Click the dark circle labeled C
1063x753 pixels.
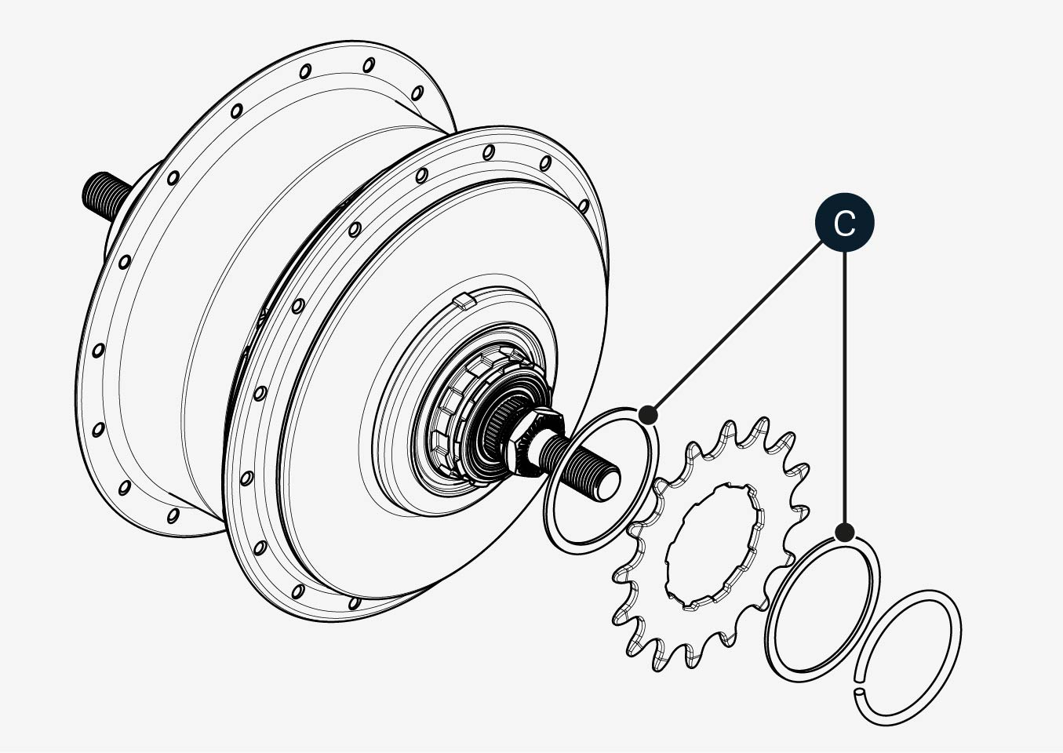coord(844,223)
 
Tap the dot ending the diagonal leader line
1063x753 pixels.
coord(649,414)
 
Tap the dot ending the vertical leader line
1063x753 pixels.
coord(844,533)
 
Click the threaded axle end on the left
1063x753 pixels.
coord(102,196)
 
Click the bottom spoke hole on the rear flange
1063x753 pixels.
coord(173,515)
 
